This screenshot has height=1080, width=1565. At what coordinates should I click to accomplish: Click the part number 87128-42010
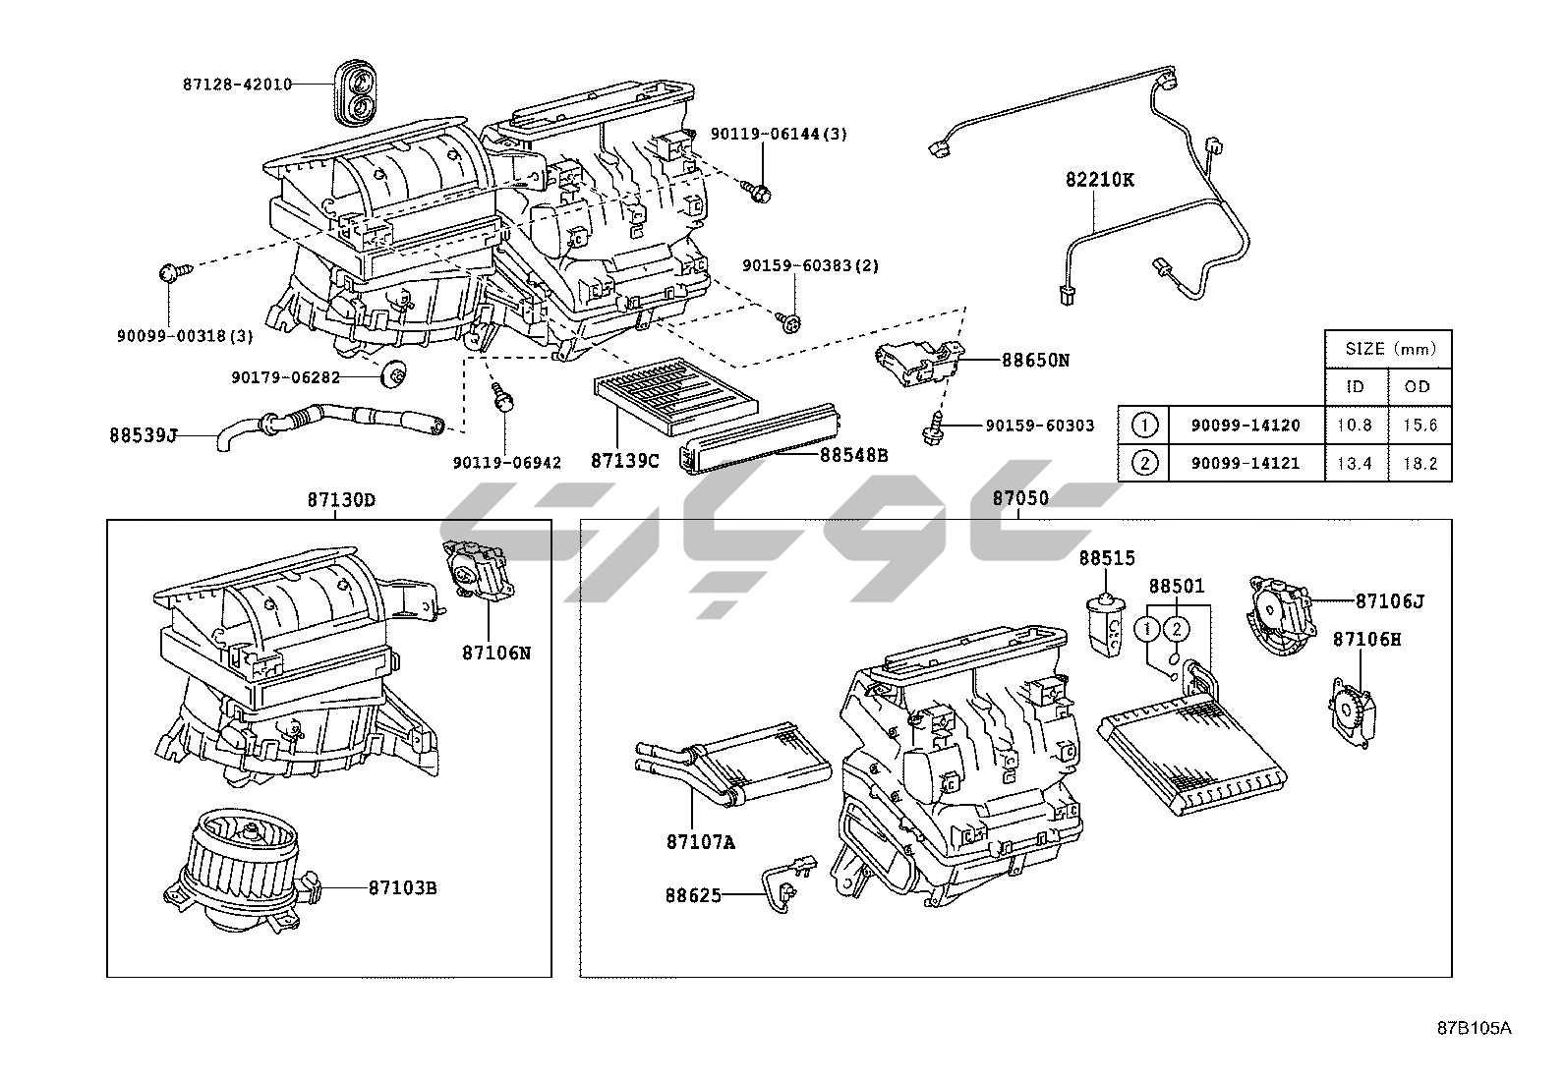coord(238,85)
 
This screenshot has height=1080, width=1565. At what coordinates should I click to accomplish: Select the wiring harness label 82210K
coord(1100,181)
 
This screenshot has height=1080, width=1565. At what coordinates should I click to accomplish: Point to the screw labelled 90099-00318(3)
coord(167,272)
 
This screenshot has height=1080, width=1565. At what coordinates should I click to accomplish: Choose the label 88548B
coord(853,455)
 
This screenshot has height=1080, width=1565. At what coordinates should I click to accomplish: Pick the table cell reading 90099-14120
coord(1246,426)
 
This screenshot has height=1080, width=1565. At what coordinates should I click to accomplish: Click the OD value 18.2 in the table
coord(1419,463)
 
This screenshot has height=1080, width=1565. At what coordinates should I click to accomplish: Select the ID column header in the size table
coord(1355,386)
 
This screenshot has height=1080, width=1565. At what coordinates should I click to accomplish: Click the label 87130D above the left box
coord(340,499)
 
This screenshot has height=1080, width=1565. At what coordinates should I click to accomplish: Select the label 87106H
coord(1366,639)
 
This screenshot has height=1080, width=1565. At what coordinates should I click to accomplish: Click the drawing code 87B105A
coord(1473,1029)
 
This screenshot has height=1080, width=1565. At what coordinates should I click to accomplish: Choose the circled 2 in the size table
coord(1144,463)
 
